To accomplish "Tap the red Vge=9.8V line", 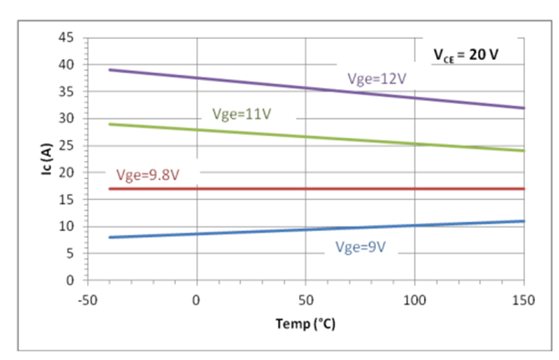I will tap(318, 189).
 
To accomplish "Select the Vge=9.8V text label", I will tap(146, 175).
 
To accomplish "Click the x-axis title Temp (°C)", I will tap(306, 324).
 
